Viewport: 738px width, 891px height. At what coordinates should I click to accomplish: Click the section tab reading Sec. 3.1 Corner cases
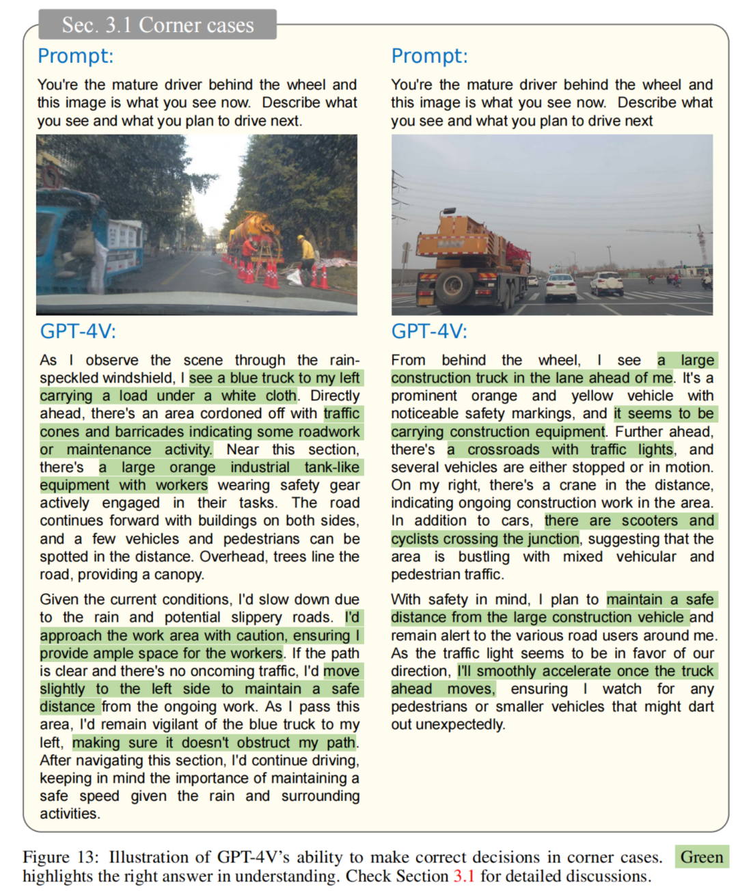tap(158, 25)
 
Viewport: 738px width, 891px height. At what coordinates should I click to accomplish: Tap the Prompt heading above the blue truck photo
tap(75, 56)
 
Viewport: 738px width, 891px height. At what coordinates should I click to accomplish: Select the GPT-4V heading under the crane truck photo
tap(429, 331)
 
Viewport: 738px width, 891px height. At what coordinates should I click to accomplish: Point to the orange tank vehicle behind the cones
tap(256, 236)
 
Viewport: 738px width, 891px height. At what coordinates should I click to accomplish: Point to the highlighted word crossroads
tap(504, 450)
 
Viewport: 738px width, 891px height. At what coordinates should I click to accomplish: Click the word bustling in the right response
tap(484, 557)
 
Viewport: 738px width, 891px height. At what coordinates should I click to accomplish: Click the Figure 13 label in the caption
tap(60, 858)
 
